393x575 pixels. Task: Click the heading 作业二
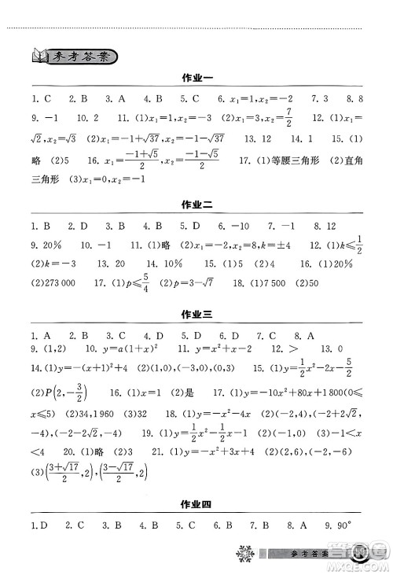point(196,205)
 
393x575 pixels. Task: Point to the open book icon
point(36,55)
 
